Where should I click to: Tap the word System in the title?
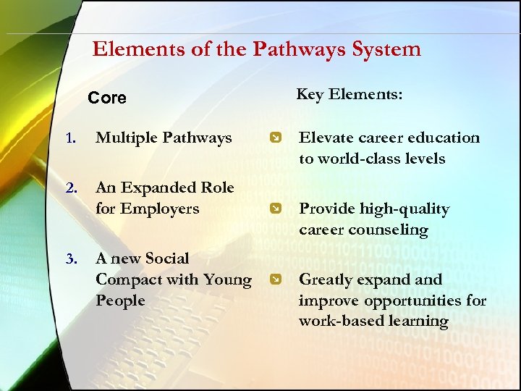[x=386, y=49]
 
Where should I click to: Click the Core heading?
[x=106, y=98]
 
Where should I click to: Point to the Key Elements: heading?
[x=350, y=94]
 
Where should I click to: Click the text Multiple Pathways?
[x=164, y=138]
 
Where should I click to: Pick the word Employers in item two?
[x=161, y=209]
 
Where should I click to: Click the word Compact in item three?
[x=129, y=279]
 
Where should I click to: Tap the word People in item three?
[x=120, y=300]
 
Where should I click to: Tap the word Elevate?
[x=325, y=138]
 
